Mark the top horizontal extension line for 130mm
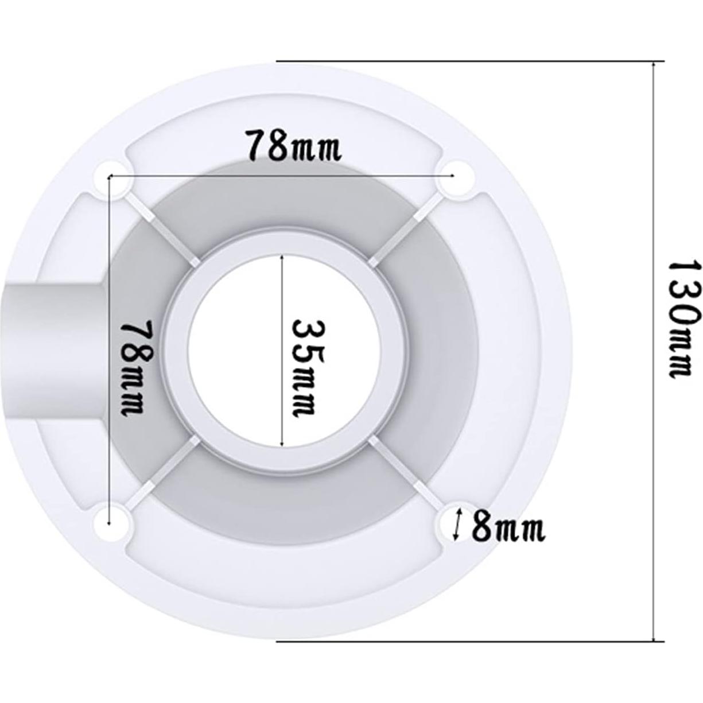tap(459, 61)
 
